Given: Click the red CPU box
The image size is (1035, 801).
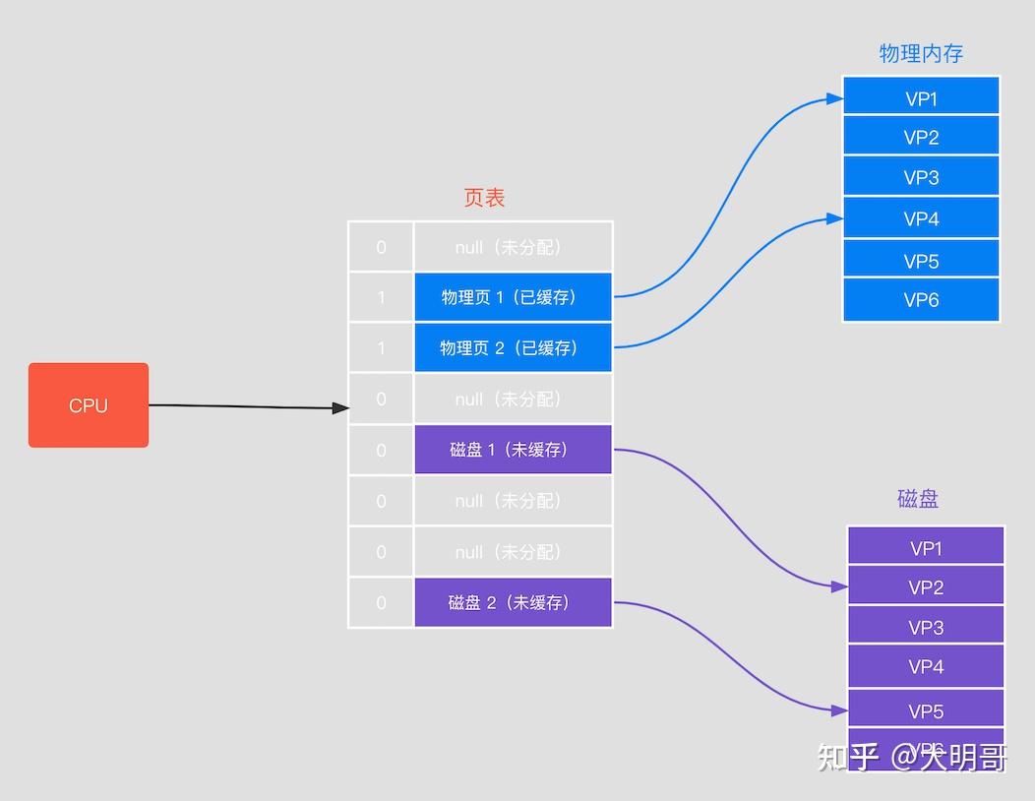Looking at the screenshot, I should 89,405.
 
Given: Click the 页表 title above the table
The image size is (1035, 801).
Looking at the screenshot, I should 484,198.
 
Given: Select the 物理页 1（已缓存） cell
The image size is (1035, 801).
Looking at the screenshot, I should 513,297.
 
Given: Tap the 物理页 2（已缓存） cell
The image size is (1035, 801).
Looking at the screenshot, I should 513,348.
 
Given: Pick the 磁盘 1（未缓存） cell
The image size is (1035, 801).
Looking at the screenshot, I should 513,450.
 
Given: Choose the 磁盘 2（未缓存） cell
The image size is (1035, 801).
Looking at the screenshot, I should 513,602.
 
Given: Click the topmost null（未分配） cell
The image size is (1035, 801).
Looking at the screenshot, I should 513,247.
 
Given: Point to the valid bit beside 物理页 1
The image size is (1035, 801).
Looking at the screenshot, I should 381,297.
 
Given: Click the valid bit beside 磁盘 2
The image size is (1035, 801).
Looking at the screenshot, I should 381,602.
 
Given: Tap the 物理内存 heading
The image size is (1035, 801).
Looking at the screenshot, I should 920,54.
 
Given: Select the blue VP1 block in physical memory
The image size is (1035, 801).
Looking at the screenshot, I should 921,97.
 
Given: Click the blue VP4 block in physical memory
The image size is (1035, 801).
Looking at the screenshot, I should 921,218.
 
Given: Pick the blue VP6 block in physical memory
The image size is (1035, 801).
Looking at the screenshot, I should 921,300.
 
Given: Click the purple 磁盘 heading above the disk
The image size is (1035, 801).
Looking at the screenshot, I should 918,499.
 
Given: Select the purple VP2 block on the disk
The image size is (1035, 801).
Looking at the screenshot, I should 926,586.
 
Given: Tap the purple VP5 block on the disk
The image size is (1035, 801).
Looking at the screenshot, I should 926,710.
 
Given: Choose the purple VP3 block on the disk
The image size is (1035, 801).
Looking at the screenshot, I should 926,627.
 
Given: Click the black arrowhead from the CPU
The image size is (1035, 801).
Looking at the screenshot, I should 340,407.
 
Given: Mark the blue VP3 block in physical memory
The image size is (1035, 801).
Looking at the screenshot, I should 921,177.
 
